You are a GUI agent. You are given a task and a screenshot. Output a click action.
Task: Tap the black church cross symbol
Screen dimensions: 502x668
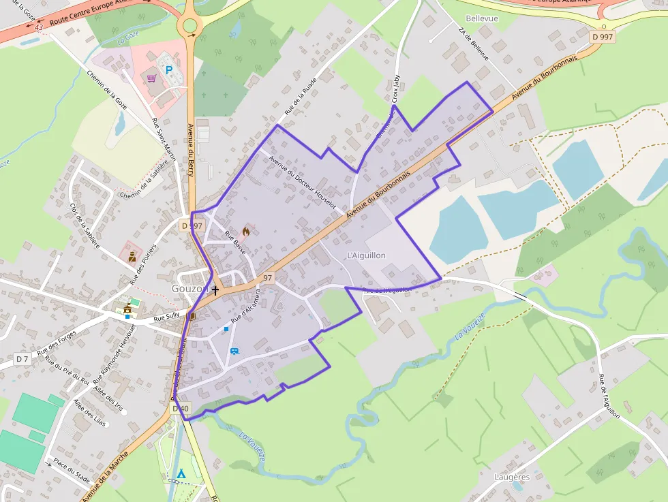click(215, 290)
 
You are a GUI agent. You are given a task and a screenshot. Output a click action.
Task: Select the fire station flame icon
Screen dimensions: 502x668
click(245, 231)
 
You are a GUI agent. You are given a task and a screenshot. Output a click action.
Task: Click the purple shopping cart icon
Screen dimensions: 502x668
click(152, 78)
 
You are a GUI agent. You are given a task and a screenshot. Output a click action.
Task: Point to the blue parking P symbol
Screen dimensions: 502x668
click(169, 69)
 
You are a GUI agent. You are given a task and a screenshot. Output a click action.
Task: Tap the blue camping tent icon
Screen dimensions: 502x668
click(181, 473)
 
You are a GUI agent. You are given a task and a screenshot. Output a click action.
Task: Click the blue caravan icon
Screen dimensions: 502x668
click(234, 351)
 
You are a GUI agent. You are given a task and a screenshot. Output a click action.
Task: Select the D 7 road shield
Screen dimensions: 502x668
click(22, 358)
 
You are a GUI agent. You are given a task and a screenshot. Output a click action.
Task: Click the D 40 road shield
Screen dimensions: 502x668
click(181, 408)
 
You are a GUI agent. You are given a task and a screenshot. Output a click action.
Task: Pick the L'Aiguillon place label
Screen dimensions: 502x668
click(366, 255)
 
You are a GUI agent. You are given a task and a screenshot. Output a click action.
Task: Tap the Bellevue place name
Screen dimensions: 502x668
click(482, 18)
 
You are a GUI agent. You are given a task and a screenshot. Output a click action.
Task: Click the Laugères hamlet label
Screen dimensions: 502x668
click(512, 477)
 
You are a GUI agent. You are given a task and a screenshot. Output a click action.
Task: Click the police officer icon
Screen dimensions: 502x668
click(131, 256)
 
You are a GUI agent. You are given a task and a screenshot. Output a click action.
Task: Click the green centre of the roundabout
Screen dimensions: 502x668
click(190, 26)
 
